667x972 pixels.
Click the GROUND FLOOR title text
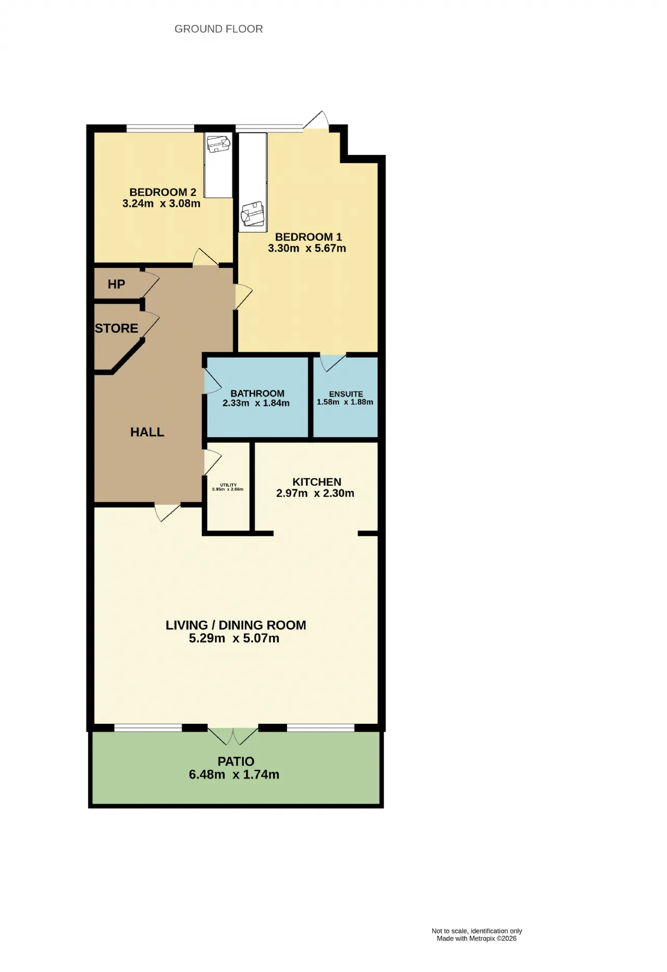click(x=218, y=29)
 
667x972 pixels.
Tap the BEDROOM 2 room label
click(x=163, y=192)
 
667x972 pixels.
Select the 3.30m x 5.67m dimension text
click(x=307, y=249)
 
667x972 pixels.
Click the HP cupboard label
click(x=116, y=284)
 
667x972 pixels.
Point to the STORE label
click(x=117, y=328)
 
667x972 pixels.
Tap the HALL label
click(x=147, y=432)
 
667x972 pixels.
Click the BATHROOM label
click(x=257, y=393)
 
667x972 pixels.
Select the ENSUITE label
click(x=346, y=394)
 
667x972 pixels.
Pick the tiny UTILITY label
click(x=228, y=485)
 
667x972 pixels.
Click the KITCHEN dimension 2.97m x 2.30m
click(x=315, y=494)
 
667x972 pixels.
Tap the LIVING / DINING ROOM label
click(x=236, y=625)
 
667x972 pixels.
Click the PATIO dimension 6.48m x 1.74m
click(x=234, y=775)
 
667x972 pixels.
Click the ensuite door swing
click(x=332, y=363)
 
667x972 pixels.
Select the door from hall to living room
click(x=167, y=512)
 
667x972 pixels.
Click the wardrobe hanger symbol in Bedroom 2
click(x=218, y=143)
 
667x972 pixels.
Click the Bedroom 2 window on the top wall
click(x=160, y=128)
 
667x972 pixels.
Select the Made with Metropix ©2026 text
click(x=477, y=939)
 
